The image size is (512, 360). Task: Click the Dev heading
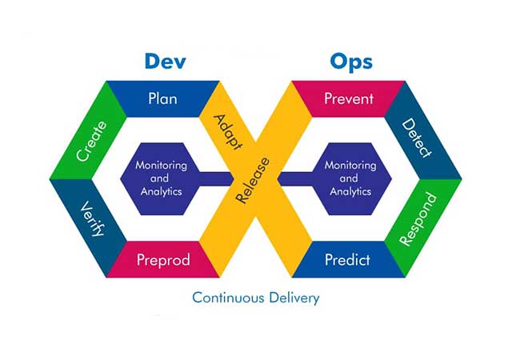(x=166, y=61)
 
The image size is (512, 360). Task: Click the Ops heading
(x=351, y=62)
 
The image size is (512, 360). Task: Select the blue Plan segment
(x=163, y=98)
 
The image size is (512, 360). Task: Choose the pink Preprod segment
(x=163, y=260)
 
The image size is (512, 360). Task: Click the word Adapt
(x=228, y=132)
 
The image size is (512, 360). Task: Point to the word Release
(x=253, y=180)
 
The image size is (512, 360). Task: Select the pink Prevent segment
(x=349, y=98)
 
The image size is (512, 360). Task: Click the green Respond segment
(x=423, y=227)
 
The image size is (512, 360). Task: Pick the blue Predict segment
(x=349, y=260)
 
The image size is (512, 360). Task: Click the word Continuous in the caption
(x=228, y=298)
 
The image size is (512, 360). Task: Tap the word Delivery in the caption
(x=294, y=298)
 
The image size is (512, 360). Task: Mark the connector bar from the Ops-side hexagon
(x=295, y=178)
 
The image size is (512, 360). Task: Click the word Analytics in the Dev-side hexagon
(x=162, y=191)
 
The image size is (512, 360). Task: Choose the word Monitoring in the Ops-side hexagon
(x=350, y=166)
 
